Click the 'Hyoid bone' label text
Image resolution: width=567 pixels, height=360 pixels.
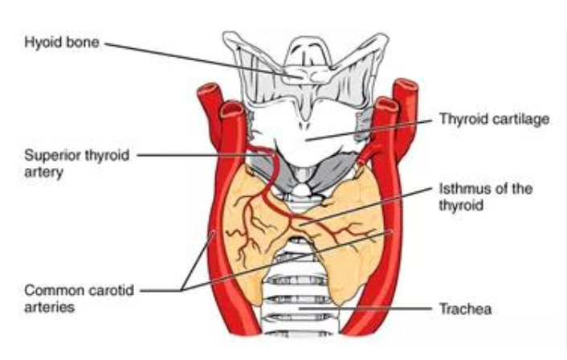pos(62,43)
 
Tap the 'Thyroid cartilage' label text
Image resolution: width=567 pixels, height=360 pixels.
pos(494,119)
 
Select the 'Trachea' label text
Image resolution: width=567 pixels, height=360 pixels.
pos(465,309)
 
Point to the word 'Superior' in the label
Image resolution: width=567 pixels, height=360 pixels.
pos(52,156)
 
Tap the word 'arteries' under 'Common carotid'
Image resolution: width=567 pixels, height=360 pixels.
pos(50,307)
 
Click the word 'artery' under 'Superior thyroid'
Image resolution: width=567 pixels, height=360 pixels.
pos(43,173)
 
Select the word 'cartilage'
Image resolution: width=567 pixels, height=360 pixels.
pos(522,119)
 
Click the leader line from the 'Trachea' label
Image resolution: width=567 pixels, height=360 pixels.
pos(365,309)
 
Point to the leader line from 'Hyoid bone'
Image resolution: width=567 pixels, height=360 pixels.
pos(197,59)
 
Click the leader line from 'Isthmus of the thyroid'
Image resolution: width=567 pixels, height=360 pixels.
pos(365,207)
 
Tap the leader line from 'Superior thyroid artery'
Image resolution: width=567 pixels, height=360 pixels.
pos(202,156)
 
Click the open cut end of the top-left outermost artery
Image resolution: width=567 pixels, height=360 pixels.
pos(210,88)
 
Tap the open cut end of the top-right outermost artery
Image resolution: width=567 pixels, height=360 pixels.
pos(406,84)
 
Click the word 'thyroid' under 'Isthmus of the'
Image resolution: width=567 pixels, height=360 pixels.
pos(461,205)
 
